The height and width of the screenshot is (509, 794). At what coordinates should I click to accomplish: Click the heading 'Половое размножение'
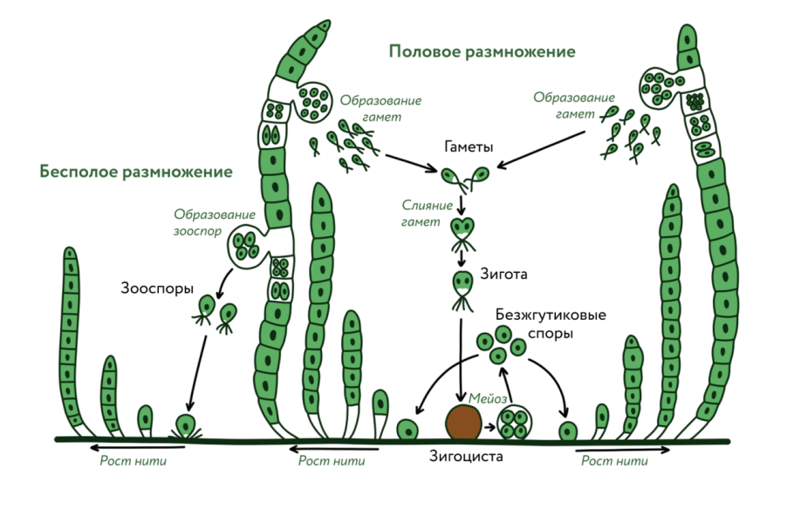pos(482,51)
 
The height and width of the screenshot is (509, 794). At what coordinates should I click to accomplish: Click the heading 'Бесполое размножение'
pos(135,172)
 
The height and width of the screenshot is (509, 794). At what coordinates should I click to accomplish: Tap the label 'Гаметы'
pos(466,146)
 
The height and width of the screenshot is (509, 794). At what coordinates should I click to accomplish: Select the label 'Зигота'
pos(503,275)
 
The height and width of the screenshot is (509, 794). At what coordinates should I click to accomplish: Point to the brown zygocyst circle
pos(463,422)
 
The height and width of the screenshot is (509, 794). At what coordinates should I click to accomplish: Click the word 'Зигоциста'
pos(467,455)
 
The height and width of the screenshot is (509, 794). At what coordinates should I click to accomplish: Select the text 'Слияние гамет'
pos(428,214)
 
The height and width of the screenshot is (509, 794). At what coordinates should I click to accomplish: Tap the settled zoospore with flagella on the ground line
pos(184,426)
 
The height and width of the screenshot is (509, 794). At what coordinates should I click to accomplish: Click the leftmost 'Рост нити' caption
pos(133,461)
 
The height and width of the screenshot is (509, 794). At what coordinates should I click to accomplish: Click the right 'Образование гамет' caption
pos(573,105)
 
